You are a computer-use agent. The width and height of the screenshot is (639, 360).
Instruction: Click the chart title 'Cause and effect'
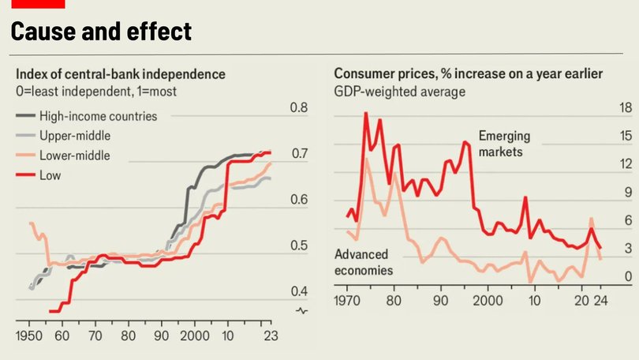pyautogui.click(x=101, y=32)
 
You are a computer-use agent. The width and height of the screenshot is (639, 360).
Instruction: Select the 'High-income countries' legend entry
pyautogui.click(x=98, y=116)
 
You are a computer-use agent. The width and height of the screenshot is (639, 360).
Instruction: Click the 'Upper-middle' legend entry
pyautogui.click(x=74, y=136)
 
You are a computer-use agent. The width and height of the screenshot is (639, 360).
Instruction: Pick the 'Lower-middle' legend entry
pyautogui.click(x=74, y=156)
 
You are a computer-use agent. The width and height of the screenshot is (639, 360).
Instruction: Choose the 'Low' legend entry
pyautogui.click(x=50, y=175)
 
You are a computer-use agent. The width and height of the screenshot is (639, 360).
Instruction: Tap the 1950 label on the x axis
pyautogui.click(x=29, y=336)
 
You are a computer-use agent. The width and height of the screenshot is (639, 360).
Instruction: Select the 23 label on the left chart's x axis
pyautogui.click(x=270, y=336)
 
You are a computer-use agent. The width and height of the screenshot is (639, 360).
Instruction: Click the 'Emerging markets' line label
pyautogui.click(x=504, y=143)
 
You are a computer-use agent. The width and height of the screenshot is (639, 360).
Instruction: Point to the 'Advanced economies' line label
pyautogui.click(x=364, y=262)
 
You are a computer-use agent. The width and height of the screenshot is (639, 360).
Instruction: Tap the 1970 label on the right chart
pyautogui.click(x=348, y=301)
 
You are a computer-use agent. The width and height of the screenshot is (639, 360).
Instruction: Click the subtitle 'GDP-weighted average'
pyautogui.click(x=399, y=92)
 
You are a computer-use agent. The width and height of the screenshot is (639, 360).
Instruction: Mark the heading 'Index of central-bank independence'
pyautogui.click(x=121, y=74)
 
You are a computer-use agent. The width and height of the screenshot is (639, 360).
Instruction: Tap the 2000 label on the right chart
pyautogui.click(x=488, y=301)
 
